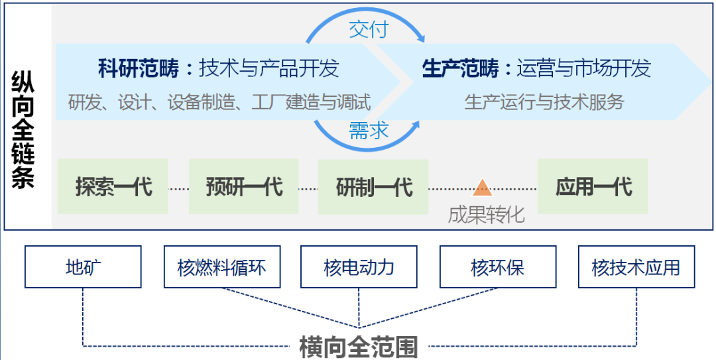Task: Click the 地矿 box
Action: coord(83,267)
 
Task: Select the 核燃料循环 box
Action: coord(221,267)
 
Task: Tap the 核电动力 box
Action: coord(359,267)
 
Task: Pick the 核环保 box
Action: coord(498,267)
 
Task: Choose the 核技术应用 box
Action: coord(636,267)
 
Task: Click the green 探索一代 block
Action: coord(113,187)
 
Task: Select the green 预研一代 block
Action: coord(244,187)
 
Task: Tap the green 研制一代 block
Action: coord(373,187)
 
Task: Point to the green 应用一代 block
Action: coord(593,187)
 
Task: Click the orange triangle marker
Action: coord(483,188)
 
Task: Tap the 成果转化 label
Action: coord(486,214)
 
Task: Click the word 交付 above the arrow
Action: coord(368,30)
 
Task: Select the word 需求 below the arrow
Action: coord(368,131)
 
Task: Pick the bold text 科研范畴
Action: coord(137,68)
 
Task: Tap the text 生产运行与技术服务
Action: coord(544,102)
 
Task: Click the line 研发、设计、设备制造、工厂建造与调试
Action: coord(219,102)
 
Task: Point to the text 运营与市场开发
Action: coord(583,68)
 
